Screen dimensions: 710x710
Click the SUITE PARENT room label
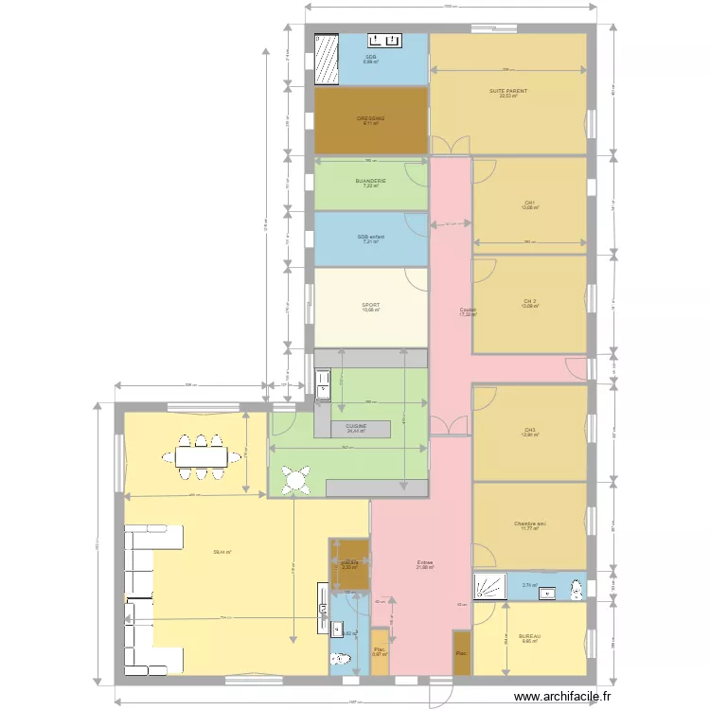click(508, 92)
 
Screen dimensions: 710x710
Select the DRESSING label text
click(370, 119)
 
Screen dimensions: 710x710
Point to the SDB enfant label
click(370, 237)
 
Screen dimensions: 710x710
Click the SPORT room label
click(370, 306)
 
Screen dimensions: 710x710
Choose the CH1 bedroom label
click(529, 203)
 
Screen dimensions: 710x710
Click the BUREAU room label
click(528, 636)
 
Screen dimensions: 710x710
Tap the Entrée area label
click(425, 563)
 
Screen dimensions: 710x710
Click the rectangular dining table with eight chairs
click(201, 456)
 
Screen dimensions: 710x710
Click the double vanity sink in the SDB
click(385, 41)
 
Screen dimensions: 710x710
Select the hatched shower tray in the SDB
click(327, 59)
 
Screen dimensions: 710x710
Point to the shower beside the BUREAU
click(488, 585)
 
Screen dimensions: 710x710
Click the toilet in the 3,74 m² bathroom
click(575, 587)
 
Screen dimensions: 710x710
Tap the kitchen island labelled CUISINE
click(360, 428)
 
